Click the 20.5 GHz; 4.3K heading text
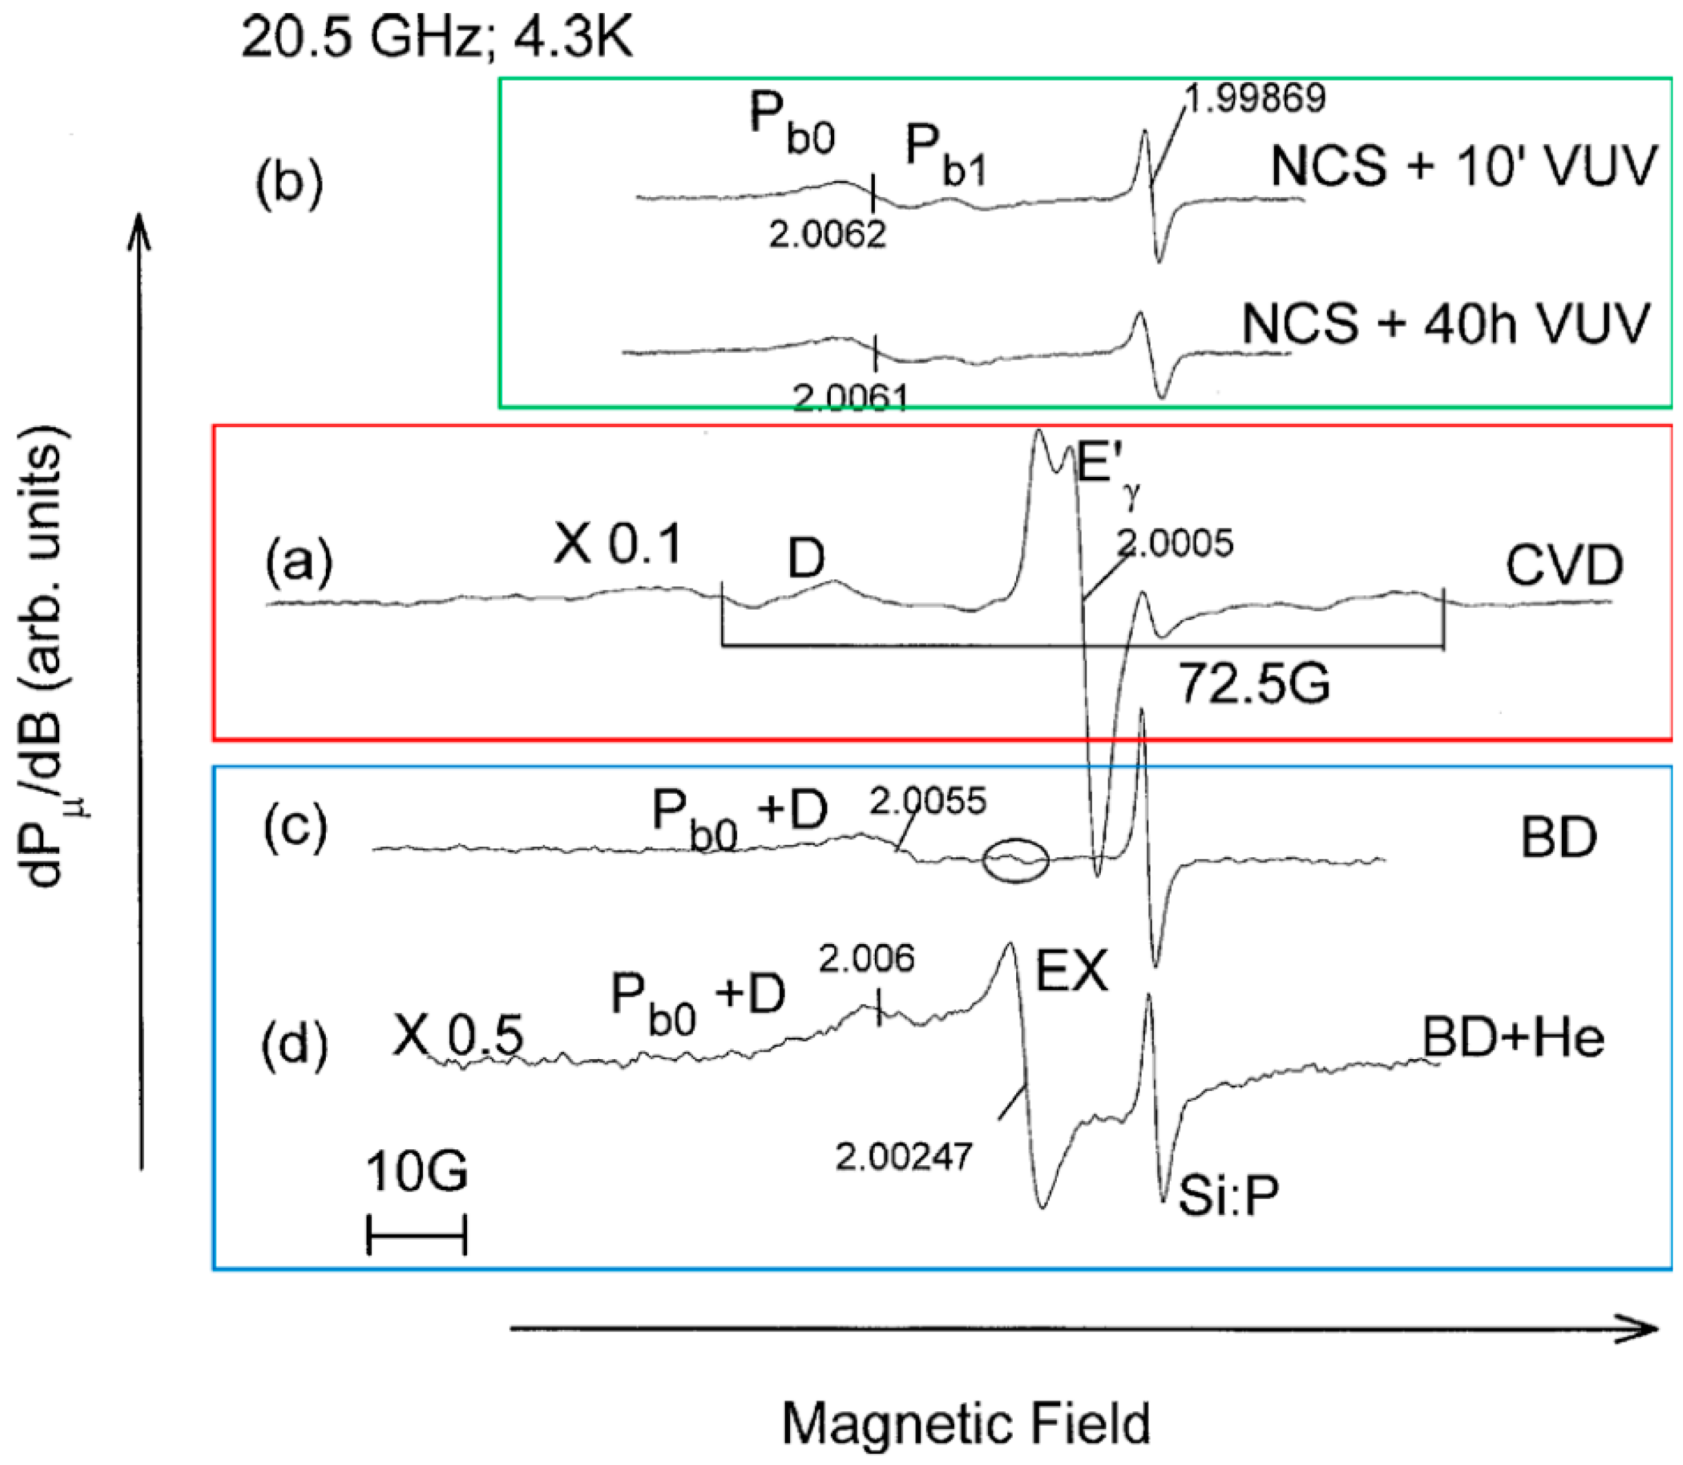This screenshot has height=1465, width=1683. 437,39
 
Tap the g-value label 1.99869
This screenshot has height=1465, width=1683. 1254,98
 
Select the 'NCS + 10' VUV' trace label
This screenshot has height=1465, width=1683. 1463,166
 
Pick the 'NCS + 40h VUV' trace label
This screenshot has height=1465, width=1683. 1445,324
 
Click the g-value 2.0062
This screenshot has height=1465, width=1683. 827,236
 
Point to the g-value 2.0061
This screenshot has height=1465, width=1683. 850,398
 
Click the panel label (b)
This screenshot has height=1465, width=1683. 289,185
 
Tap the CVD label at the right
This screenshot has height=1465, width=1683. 1565,566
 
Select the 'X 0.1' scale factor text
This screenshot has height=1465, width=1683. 617,545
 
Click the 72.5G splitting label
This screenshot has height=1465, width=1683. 1254,683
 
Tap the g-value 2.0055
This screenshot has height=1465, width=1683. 928,802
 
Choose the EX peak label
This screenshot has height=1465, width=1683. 1071,973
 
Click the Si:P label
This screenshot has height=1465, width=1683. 1228,1197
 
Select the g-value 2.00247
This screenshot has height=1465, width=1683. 904,1156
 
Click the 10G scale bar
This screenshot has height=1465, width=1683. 416,1233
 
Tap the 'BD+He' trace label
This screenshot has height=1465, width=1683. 1514,1038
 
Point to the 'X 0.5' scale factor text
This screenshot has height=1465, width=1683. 457,1036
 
